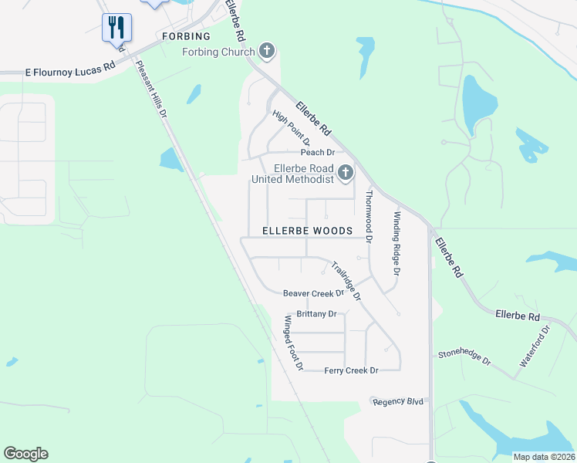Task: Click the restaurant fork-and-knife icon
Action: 116,27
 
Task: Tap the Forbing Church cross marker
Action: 267,52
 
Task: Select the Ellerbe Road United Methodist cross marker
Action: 345,173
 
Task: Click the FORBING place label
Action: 184,36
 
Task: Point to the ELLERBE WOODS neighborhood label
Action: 307,231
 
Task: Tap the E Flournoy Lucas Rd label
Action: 70,70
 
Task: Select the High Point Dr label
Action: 291,128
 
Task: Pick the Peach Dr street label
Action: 317,153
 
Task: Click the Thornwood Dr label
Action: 369,217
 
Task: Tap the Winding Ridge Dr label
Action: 397,244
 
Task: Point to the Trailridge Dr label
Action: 346,281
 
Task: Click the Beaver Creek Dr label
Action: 312,293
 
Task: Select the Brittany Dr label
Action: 317,314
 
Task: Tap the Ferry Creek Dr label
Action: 351,371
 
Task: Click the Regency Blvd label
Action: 398,402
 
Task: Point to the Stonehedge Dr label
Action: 464,357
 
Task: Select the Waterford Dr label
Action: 534,346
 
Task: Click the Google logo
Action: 25,454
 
